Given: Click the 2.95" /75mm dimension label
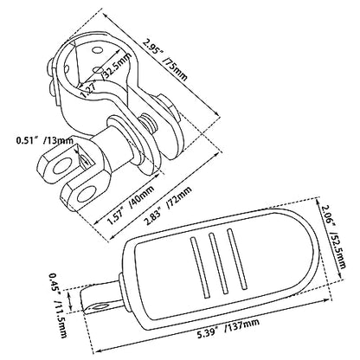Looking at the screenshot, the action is point(165,60).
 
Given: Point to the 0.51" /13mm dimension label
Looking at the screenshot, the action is point(45,140).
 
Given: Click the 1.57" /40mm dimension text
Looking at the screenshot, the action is point(131,205).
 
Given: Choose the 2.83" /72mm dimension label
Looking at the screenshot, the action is point(168,206).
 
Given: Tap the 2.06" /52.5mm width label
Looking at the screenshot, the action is point(334,236).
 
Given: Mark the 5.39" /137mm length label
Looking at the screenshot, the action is point(228,329).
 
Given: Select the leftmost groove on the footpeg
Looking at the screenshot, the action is point(199,267).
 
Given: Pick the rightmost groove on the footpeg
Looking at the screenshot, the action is point(237,260).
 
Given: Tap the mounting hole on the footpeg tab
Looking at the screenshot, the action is point(100,307).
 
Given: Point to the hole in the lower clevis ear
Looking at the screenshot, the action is point(87,194).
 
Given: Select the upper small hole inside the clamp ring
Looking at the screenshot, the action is point(98,50).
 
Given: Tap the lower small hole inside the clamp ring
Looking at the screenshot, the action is point(98,70).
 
